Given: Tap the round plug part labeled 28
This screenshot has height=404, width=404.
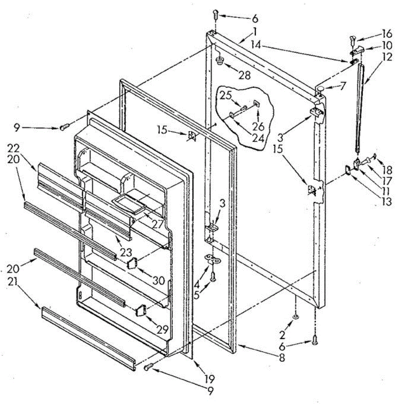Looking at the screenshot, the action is (220, 61).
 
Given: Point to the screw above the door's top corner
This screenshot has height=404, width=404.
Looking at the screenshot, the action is (216, 15).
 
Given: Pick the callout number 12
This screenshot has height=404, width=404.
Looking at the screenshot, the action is (387, 57).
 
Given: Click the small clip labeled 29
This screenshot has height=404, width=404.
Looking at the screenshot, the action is (141, 310).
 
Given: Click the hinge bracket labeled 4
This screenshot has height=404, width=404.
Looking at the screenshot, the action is (213, 259).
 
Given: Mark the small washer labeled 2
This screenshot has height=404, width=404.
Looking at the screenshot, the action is (295, 317).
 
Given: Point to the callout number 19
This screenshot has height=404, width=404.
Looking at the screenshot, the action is (209, 379).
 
